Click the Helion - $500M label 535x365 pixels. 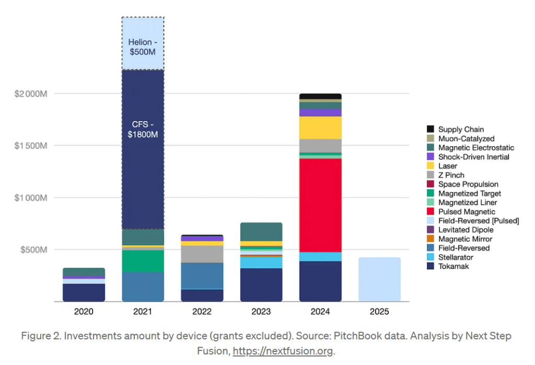tap(143, 47)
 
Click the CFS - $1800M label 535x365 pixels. tap(143, 129)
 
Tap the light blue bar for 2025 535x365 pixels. tap(379, 279)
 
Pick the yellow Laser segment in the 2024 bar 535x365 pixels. tap(320, 127)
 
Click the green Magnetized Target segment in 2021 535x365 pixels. tap(143, 261)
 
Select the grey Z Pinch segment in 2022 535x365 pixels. tap(202, 254)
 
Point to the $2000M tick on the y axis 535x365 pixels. tap(31, 93)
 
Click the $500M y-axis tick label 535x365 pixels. tap(34, 249)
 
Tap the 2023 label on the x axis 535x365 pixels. tap(261, 312)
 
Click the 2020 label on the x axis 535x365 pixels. tap(84, 312)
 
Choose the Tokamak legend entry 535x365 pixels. tap(454, 266)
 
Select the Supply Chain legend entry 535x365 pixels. tap(460, 129)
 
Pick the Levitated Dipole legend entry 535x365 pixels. tap(465, 230)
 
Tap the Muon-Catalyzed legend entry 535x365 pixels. tap(464, 138)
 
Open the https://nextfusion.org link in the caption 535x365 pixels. tap(283, 351)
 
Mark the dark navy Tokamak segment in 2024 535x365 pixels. tap(320, 281)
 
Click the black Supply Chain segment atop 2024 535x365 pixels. tap(320, 97)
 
